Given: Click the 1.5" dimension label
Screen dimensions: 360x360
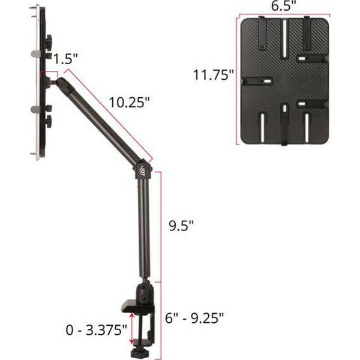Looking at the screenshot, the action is [65, 58].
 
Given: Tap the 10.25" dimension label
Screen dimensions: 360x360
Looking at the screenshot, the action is [129, 102].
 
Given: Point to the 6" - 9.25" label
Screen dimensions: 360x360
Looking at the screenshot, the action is [194, 318].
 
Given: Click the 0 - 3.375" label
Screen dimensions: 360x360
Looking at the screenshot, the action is [96, 330].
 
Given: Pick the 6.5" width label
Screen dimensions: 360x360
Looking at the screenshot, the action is [283, 6].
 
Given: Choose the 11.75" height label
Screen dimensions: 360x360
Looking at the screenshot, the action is [213, 74].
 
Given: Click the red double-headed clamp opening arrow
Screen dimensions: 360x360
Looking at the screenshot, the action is [131, 329].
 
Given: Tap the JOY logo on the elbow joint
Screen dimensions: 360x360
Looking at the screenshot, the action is [143, 170].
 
